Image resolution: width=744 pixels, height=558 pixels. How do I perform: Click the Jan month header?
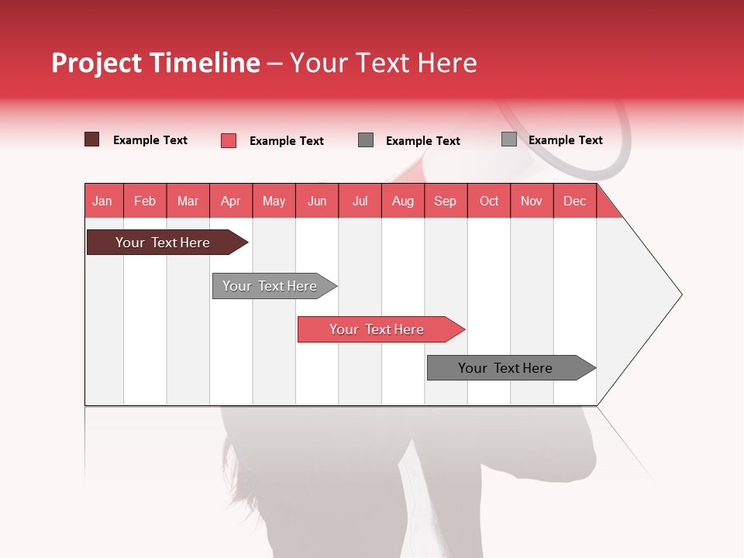pos(102,201)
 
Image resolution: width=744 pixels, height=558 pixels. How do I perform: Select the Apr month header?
pos(231,201)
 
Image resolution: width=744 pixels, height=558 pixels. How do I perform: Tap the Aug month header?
pos(403,201)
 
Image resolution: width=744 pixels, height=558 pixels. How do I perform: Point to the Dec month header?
pos(574,201)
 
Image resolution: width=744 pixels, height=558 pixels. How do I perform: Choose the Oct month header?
pos(489,201)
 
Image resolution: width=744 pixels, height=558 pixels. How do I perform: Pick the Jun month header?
pos(317,201)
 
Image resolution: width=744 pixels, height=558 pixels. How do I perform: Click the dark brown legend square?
pos(91,139)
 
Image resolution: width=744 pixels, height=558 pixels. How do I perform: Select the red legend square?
pos(228,140)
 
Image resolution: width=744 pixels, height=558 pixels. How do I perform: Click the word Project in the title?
pos(95,63)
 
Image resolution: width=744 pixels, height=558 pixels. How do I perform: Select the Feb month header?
pos(145,201)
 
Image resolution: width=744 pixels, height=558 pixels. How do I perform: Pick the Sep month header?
pos(445,201)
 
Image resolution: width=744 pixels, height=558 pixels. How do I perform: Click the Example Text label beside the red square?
pos(286,140)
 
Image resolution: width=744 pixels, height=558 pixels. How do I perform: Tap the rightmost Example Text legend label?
pos(565,139)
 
